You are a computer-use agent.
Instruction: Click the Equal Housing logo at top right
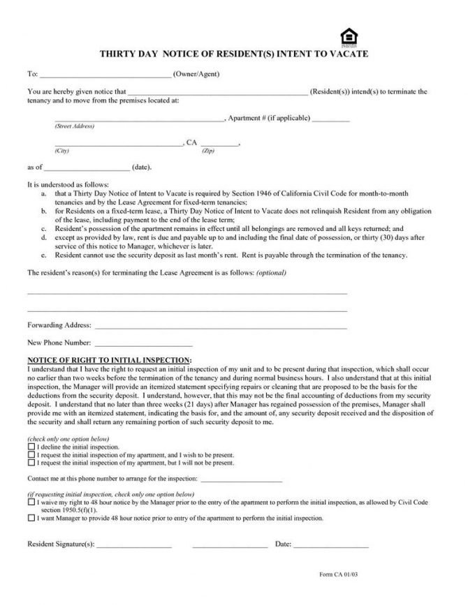coord(348,36)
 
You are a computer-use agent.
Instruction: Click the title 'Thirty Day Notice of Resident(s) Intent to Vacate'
coord(233,54)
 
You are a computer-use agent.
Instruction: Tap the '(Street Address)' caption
coord(74,126)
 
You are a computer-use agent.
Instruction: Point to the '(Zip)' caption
coord(208,151)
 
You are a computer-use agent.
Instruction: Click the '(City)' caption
coord(62,151)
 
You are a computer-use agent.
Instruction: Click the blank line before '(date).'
coord(87,168)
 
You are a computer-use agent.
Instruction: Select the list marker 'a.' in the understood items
coord(44,193)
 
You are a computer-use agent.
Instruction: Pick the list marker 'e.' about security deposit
coord(44,255)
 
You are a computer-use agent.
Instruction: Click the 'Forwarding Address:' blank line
coord(221,327)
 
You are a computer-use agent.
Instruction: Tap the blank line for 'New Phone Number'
coord(143,344)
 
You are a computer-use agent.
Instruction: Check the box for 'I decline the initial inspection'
coord(31,446)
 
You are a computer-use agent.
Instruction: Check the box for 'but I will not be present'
coord(31,462)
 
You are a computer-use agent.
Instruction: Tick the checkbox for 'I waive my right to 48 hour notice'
coord(31,502)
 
